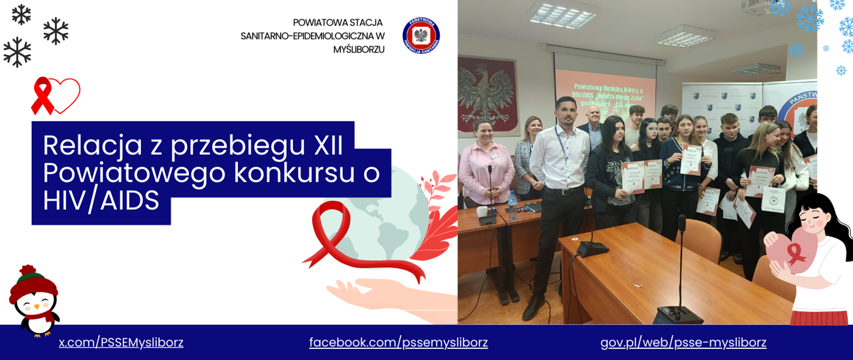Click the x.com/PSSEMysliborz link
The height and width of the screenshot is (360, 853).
(x=121, y=343)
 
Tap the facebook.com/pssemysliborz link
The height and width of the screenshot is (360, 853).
(x=398, y=343)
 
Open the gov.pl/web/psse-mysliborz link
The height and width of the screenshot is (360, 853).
(x=683, y=343)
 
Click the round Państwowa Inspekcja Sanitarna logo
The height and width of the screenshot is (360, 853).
(x=421, y=36)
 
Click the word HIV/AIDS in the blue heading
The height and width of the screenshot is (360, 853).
(x=101, y=201)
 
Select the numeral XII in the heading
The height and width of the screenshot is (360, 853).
(x=328, y=145)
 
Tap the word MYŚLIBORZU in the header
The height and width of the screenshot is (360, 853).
(x=359, y=50)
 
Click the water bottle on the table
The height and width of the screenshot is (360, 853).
(x=512, y=205)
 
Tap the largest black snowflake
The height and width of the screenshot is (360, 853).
(x=17, y=52)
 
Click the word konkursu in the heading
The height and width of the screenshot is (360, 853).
(x=294, y=173)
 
